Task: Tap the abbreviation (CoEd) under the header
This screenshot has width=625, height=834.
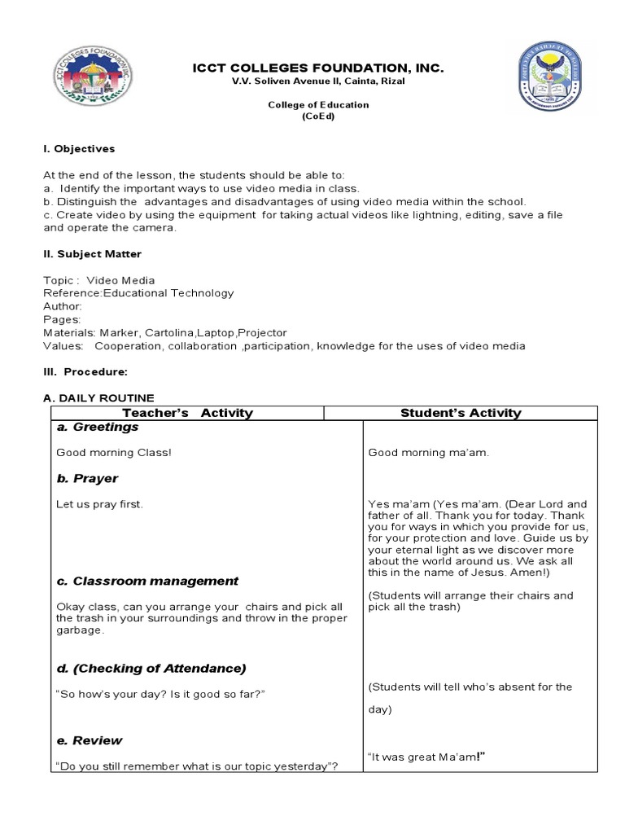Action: pos(319,116)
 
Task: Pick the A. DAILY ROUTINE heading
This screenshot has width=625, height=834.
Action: pos(98,397)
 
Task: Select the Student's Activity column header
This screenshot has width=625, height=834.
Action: pos(461,413)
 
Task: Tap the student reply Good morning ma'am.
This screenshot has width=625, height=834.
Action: pos(428,452)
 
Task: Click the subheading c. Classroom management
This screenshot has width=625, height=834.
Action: pos(147,581)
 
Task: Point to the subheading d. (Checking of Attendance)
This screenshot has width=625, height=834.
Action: pos(151,668)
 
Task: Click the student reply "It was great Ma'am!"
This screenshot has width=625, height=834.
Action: pos(426,757)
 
